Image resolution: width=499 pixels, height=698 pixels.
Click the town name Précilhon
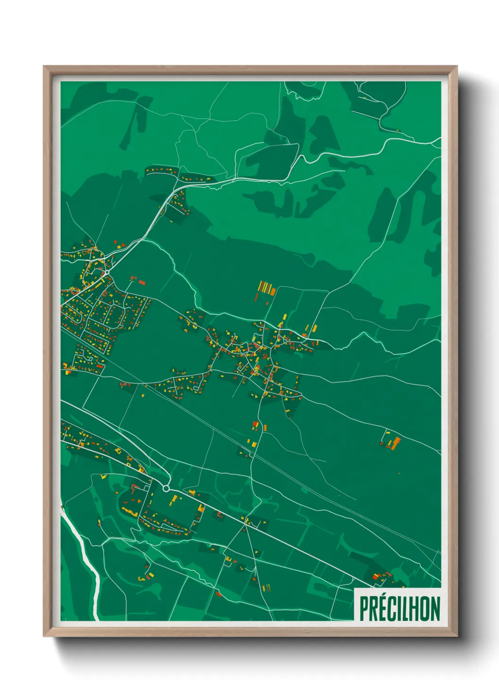[399, 608]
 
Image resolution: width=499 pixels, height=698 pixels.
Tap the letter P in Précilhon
[365, 609]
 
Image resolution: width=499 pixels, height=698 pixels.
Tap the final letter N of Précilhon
[435, 609]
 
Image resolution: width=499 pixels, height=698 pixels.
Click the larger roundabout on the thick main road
[166, 489]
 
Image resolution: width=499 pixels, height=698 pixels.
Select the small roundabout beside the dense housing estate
[107, 272]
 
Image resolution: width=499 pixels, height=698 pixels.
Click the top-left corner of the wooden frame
[44, 67]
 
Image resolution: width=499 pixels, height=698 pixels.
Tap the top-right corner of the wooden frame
[457, 67]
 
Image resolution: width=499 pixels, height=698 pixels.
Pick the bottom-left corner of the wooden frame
[44, 636]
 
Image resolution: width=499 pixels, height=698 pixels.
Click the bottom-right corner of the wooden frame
[457, 636]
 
